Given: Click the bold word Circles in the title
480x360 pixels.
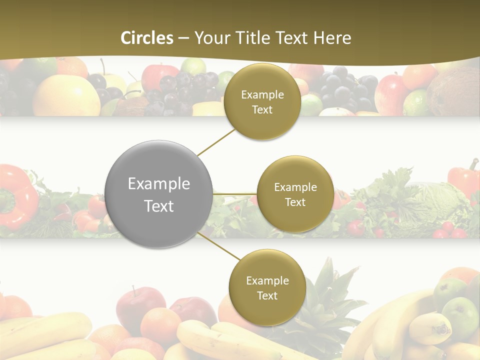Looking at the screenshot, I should [x=146, y=38].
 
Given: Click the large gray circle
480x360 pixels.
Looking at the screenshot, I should [x=159, y=194].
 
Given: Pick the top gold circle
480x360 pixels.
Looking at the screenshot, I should [x=262, y=102].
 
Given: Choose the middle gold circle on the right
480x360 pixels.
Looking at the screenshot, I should [x=295, y=194].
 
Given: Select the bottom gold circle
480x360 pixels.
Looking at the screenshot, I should [x=267, y=288].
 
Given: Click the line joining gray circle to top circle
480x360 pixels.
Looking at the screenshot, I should [x=216, y=141].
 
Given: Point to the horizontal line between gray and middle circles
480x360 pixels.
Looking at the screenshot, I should [x=235, y=194].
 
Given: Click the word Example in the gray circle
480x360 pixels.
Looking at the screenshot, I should [x=159, y=184].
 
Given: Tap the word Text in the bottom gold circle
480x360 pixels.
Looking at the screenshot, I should [x=267, y=296].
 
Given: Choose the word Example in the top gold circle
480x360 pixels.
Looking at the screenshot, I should [x=262, y=95].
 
